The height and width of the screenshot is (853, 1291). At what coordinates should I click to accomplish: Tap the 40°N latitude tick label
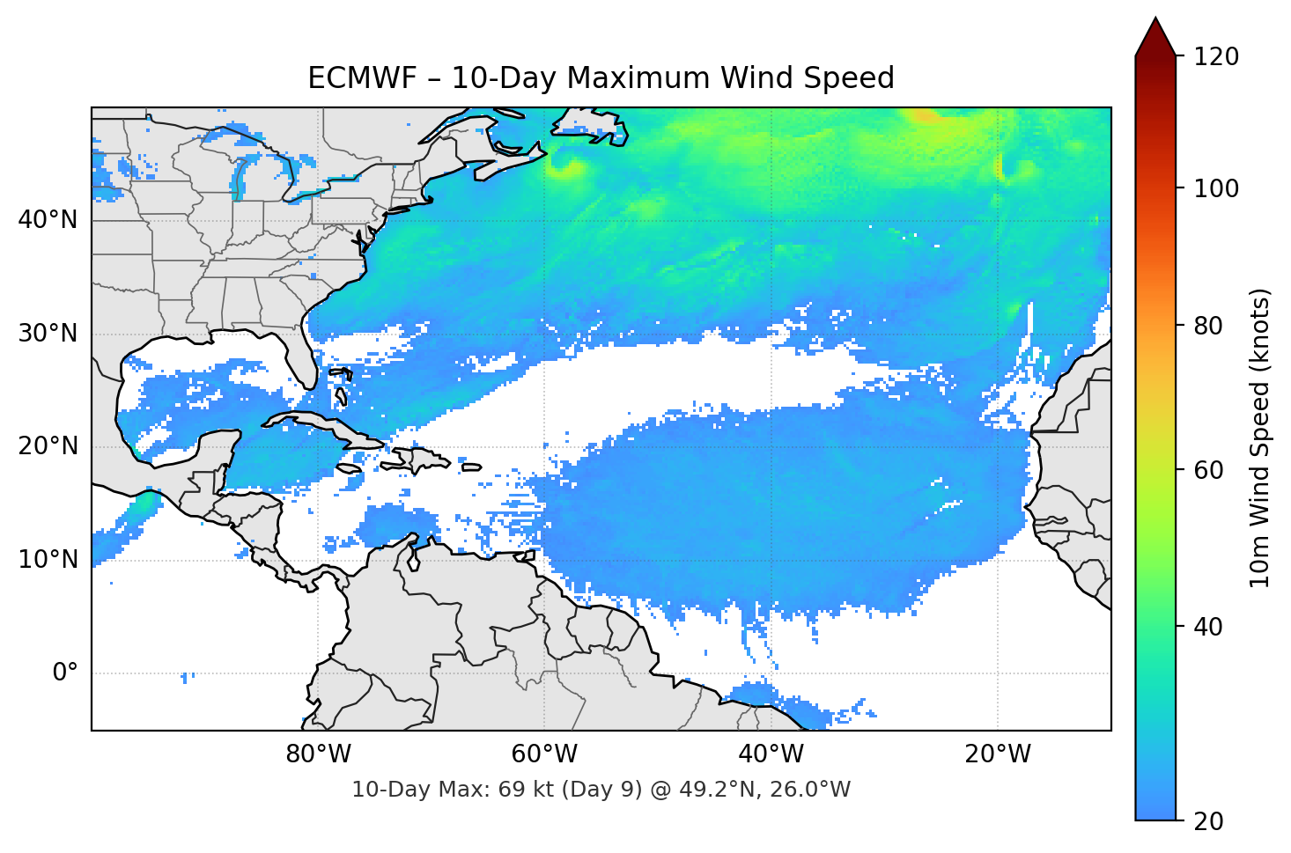click(x=48, y=219)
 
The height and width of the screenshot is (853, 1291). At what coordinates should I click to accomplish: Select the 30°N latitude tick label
click(x=48, y=334)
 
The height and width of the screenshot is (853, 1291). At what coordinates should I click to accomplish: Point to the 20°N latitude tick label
click(x=48, y=446)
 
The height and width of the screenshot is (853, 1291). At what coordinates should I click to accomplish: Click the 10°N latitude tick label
click(x=48, y=560)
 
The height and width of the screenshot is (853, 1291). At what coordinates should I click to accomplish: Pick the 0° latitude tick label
click(x=65, y=673)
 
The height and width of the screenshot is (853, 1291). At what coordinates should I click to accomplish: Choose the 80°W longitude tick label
click(x=319, y=754)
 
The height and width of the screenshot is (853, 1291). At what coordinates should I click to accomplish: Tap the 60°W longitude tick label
click(x=545, y=754)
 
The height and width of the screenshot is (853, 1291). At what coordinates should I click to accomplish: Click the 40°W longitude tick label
click(x=771, y=754)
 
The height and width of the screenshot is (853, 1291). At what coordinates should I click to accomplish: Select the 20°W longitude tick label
click(x=998, y=754)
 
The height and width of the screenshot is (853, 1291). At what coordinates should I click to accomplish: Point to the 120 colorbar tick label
click(x=1216, y=57)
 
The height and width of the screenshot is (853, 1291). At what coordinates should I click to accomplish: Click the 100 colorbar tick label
click(x=1216, y=188)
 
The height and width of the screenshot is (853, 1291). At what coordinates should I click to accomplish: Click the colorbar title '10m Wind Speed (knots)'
click(x=1260, y=438)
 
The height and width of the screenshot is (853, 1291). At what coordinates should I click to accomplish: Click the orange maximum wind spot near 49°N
click(x=925, y=115)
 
